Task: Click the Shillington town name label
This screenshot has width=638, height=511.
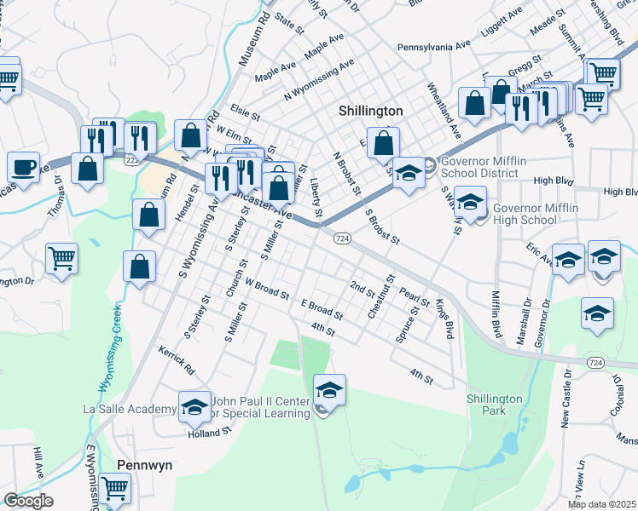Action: pyautogui.click(x=370, y=112)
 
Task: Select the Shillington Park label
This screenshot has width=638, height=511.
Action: pyautogui.click(x=494, y=405)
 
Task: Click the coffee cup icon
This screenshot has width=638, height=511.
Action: pyautogui.click(x=23, y=166)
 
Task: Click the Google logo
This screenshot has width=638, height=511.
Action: pyautogui.click(x=27, y=501)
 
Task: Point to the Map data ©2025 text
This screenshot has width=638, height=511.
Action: pyautogui.click(x=600, y=504)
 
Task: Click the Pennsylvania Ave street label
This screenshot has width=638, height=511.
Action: pyautogui.click(x=433, y=45)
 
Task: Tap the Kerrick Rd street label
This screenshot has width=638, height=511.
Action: pyautogui.click(x=177, y=361)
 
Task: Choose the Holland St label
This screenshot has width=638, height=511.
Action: pyautogui.click(x=210, y=432)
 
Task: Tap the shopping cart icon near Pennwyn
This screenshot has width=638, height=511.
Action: pyautogui.click(x=114, y=488)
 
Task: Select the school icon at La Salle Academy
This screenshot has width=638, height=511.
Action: pyautogui.click(x=194, y=406)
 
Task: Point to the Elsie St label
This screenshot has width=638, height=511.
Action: pyautogui.click(x=245, y=111)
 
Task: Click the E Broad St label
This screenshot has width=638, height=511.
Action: pyautogui.click(x=321, y=309)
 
